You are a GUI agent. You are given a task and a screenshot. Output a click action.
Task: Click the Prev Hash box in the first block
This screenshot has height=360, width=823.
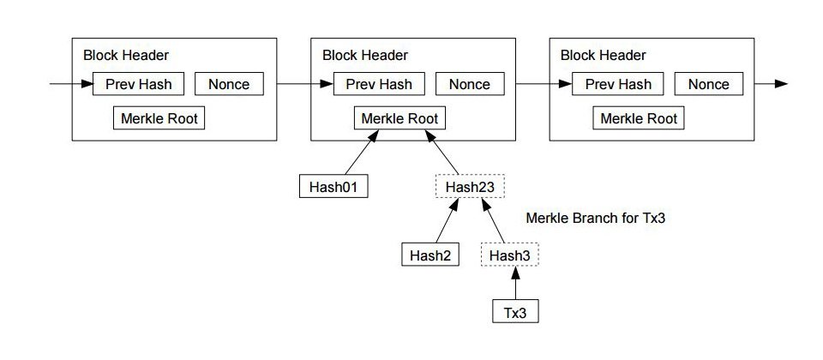tap(138, 84)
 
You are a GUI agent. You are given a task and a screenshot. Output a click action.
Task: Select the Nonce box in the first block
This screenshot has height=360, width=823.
tap(229, 84)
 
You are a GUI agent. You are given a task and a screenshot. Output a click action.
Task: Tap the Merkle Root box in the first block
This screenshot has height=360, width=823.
tap(159, 118)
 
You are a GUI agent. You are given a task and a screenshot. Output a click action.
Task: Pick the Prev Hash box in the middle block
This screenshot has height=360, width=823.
tap(379, 84)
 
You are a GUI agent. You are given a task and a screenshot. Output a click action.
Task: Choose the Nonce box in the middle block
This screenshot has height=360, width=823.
tap(470, 84)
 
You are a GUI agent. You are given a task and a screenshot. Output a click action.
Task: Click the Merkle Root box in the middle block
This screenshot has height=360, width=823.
tap(400, 118)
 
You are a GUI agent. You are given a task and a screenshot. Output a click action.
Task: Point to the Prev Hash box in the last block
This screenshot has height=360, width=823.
tap(618, 84)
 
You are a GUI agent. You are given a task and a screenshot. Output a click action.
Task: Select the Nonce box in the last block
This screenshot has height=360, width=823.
tap(709, 84)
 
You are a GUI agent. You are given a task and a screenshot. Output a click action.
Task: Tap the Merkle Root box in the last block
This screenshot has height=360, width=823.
tap(639, 118)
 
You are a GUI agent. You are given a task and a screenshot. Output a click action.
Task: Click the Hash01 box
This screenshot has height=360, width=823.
tap(333, 186)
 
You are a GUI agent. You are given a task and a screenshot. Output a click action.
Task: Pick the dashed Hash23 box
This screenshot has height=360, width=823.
tap(470, 186)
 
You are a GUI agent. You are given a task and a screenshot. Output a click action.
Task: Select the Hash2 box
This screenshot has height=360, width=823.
tap(430, 255)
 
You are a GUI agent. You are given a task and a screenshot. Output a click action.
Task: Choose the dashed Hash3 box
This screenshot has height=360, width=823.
tap(509, 255)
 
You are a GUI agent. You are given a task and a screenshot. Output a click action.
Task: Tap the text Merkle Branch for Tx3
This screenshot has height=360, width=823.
tap(595, 218)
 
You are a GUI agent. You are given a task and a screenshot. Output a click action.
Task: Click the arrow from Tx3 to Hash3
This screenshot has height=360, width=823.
tap(515, 283)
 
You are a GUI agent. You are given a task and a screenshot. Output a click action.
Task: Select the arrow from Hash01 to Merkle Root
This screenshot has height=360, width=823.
tap(362, 153)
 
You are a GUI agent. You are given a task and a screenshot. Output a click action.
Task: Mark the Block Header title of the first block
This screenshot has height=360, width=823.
tap(126, 55)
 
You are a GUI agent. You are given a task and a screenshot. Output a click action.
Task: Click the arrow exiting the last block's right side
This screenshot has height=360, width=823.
tap(771, 84)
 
